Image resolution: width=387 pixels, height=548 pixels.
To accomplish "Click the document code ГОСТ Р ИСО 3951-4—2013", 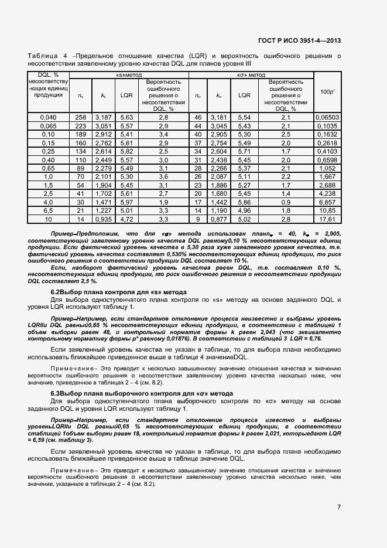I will pyautogui.click(x=299, y=40).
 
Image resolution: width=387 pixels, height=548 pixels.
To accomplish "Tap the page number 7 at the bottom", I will pyautogui.click(x=339, y=507).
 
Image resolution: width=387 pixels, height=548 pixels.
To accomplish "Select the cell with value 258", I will pyautogui.click(x=81, y=118).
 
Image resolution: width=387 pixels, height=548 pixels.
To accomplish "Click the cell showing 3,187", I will pyautogui.click(x=103, y=118).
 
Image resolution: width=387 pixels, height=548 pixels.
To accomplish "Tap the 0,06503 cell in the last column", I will pyautogui.click(x=327, y=118).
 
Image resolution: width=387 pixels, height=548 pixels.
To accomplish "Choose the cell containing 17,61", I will pyautogui.click(x=327, y=219).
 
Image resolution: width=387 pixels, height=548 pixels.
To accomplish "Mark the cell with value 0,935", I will pyautogui.click(x=103, y=219).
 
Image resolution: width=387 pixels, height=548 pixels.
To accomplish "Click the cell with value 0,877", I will pyautogui.click(x=219, y=219).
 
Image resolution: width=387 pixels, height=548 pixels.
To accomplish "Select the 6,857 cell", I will pyautogui.click(x=327, y=202).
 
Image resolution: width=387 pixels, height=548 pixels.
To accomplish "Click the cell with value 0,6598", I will pyautogui.click(x=327, y=159).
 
